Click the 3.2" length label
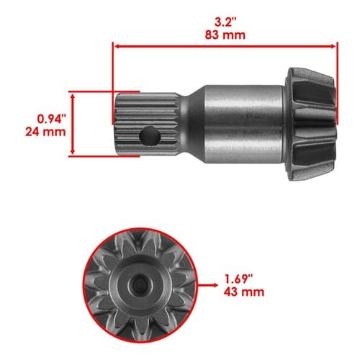225,23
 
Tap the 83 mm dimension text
225,35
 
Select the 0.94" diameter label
51,119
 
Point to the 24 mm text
45,132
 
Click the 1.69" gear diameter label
238,279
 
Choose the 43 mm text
244,292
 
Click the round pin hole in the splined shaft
150,136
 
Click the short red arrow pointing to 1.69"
207,285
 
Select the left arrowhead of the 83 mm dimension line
117,46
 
